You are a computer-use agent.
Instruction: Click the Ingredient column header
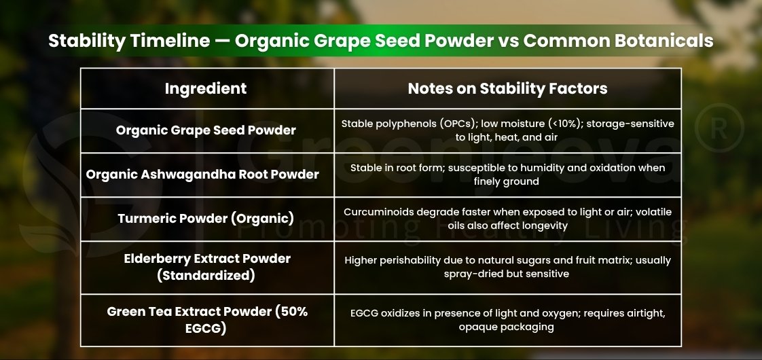(206, 88)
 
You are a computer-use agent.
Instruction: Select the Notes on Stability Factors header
(507, 88)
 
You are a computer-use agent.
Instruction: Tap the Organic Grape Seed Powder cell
(206, 130)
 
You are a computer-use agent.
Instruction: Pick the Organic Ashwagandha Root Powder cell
(202, 174)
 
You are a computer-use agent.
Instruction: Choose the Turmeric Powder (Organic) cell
(206, 219)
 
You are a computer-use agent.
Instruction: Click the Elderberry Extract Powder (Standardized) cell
(207, 267)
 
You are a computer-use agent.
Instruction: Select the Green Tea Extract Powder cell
(208, 320)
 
